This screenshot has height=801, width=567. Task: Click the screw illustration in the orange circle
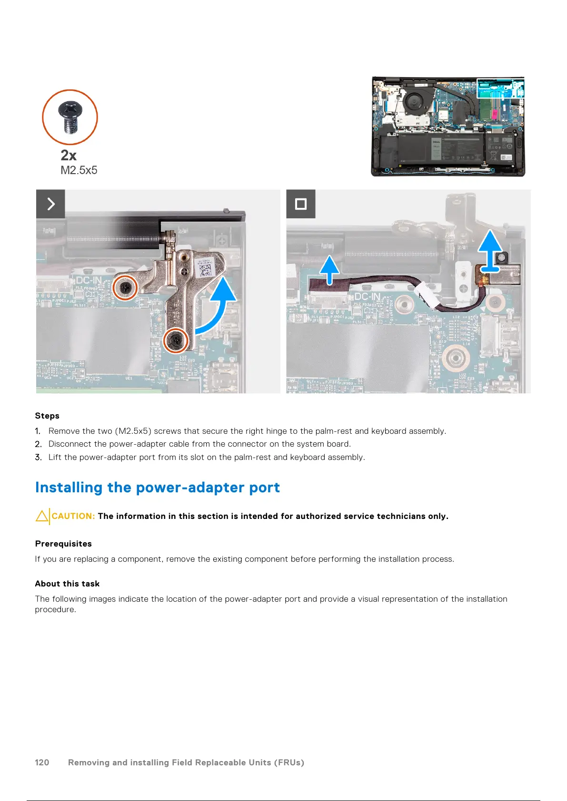70,117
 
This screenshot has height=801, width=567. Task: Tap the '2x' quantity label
69,156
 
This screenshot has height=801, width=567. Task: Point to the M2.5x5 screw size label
79,170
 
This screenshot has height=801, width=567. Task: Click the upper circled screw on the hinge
125,287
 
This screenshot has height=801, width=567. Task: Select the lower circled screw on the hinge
176,340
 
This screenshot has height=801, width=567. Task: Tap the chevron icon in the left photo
50,204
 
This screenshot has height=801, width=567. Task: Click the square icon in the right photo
301,204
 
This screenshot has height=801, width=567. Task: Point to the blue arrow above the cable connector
329,269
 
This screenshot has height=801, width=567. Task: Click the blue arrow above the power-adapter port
489,251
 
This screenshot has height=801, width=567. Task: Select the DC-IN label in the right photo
367,297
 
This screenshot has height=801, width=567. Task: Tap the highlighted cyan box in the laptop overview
500,88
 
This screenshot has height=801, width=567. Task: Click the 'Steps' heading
47,416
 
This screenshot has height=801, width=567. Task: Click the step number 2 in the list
38,444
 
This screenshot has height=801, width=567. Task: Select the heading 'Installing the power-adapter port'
157,488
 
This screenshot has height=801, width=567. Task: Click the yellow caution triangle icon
42,516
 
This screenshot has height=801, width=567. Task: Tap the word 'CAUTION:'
73,516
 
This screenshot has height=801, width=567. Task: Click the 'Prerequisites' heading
63,544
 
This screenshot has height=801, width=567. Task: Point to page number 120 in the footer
42,762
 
